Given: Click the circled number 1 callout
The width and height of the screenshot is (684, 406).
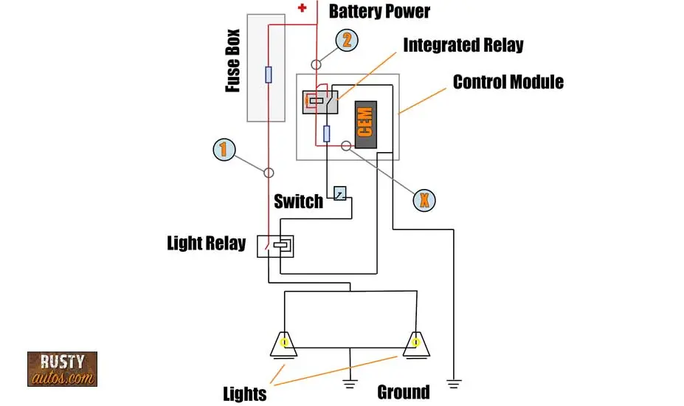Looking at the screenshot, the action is click(224, 149).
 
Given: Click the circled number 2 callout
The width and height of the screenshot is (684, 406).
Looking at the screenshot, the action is click(347, 40).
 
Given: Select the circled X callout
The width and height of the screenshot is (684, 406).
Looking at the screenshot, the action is click(424, 200).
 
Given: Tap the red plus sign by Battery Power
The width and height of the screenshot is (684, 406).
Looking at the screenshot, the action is click(302, 8).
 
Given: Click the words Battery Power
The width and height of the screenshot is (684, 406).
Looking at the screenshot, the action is click(379, 11).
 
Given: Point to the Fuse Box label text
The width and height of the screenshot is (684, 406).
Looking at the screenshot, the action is click(233, 61).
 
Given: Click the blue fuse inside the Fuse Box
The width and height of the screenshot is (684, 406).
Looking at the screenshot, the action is click(269, 75).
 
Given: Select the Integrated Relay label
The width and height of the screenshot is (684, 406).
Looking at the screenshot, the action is click(463, 45).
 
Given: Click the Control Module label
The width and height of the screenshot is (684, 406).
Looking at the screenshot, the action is click(508, 82).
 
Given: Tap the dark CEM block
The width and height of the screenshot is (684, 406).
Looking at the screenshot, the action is click(365, 125).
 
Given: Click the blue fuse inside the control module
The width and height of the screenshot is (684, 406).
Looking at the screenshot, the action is click(326, 134).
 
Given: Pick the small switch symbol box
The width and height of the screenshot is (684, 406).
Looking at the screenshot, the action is click(340, 193).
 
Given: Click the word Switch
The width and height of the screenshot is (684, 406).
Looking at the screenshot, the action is click(298, 202).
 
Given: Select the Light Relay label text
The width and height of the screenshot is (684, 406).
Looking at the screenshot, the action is click(207, 243).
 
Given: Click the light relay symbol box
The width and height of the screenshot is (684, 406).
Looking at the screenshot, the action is click(275, 247).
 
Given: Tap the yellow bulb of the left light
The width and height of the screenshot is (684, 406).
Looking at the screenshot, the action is click(284, 343).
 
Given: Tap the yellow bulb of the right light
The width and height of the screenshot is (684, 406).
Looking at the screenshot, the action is click(415, 343).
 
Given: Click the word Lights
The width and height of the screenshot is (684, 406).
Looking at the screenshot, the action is click(245, 393).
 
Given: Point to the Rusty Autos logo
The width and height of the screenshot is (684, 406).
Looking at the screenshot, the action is click(63, 369).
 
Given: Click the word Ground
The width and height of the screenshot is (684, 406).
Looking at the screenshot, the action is click(404, 392).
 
